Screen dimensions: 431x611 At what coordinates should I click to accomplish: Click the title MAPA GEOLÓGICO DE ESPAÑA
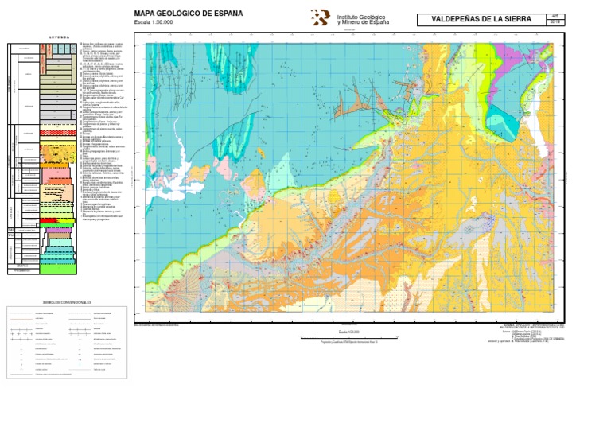tap(189, 14)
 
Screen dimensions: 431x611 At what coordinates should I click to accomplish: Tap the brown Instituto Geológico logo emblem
tap(320, 17)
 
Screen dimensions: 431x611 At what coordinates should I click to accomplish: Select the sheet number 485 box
tap(555, 16)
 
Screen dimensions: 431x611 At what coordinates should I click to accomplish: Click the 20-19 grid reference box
tap(555, 22)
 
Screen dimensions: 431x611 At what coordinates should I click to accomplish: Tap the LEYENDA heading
tap(59, 37)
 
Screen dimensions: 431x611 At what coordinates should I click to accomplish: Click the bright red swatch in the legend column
tap(49, 220)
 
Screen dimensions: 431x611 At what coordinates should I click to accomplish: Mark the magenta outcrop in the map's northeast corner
tap(513, 56)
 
